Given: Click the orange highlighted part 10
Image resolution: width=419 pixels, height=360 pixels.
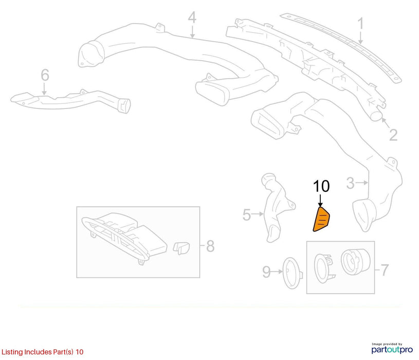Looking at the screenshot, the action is tap(321, 219).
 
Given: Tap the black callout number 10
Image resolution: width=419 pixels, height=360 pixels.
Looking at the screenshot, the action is tap(321, 186).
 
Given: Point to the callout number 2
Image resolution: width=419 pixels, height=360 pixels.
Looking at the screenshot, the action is tap(393, 135).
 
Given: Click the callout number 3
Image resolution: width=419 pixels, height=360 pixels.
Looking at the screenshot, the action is tap(350, 183).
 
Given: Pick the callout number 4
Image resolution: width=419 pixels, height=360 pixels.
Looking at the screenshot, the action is tap(192, 17).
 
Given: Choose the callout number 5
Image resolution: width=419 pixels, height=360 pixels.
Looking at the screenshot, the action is tap(246, 214).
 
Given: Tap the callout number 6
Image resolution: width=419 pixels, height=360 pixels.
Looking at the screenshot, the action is tap(45, 75).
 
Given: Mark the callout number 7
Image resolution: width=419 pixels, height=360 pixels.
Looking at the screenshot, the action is tap(384, 270).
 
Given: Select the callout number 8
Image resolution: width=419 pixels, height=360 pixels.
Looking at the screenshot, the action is tap(211, 246).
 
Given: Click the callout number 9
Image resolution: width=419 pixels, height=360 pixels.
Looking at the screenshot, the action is tap(266, 272).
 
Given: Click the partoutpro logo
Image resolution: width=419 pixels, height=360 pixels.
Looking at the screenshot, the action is tap(392, 348).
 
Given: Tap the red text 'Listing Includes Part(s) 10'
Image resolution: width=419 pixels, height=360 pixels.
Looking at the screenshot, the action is tap(43, 352).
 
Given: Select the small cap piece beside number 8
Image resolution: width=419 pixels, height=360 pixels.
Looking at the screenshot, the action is tap(181, 248).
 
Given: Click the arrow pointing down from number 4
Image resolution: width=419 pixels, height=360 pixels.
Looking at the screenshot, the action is tap(192, 31).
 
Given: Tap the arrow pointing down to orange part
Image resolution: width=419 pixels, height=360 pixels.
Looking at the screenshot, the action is tap(321, 201).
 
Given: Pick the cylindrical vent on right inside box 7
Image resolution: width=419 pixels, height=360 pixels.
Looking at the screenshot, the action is tap(355, 262).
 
